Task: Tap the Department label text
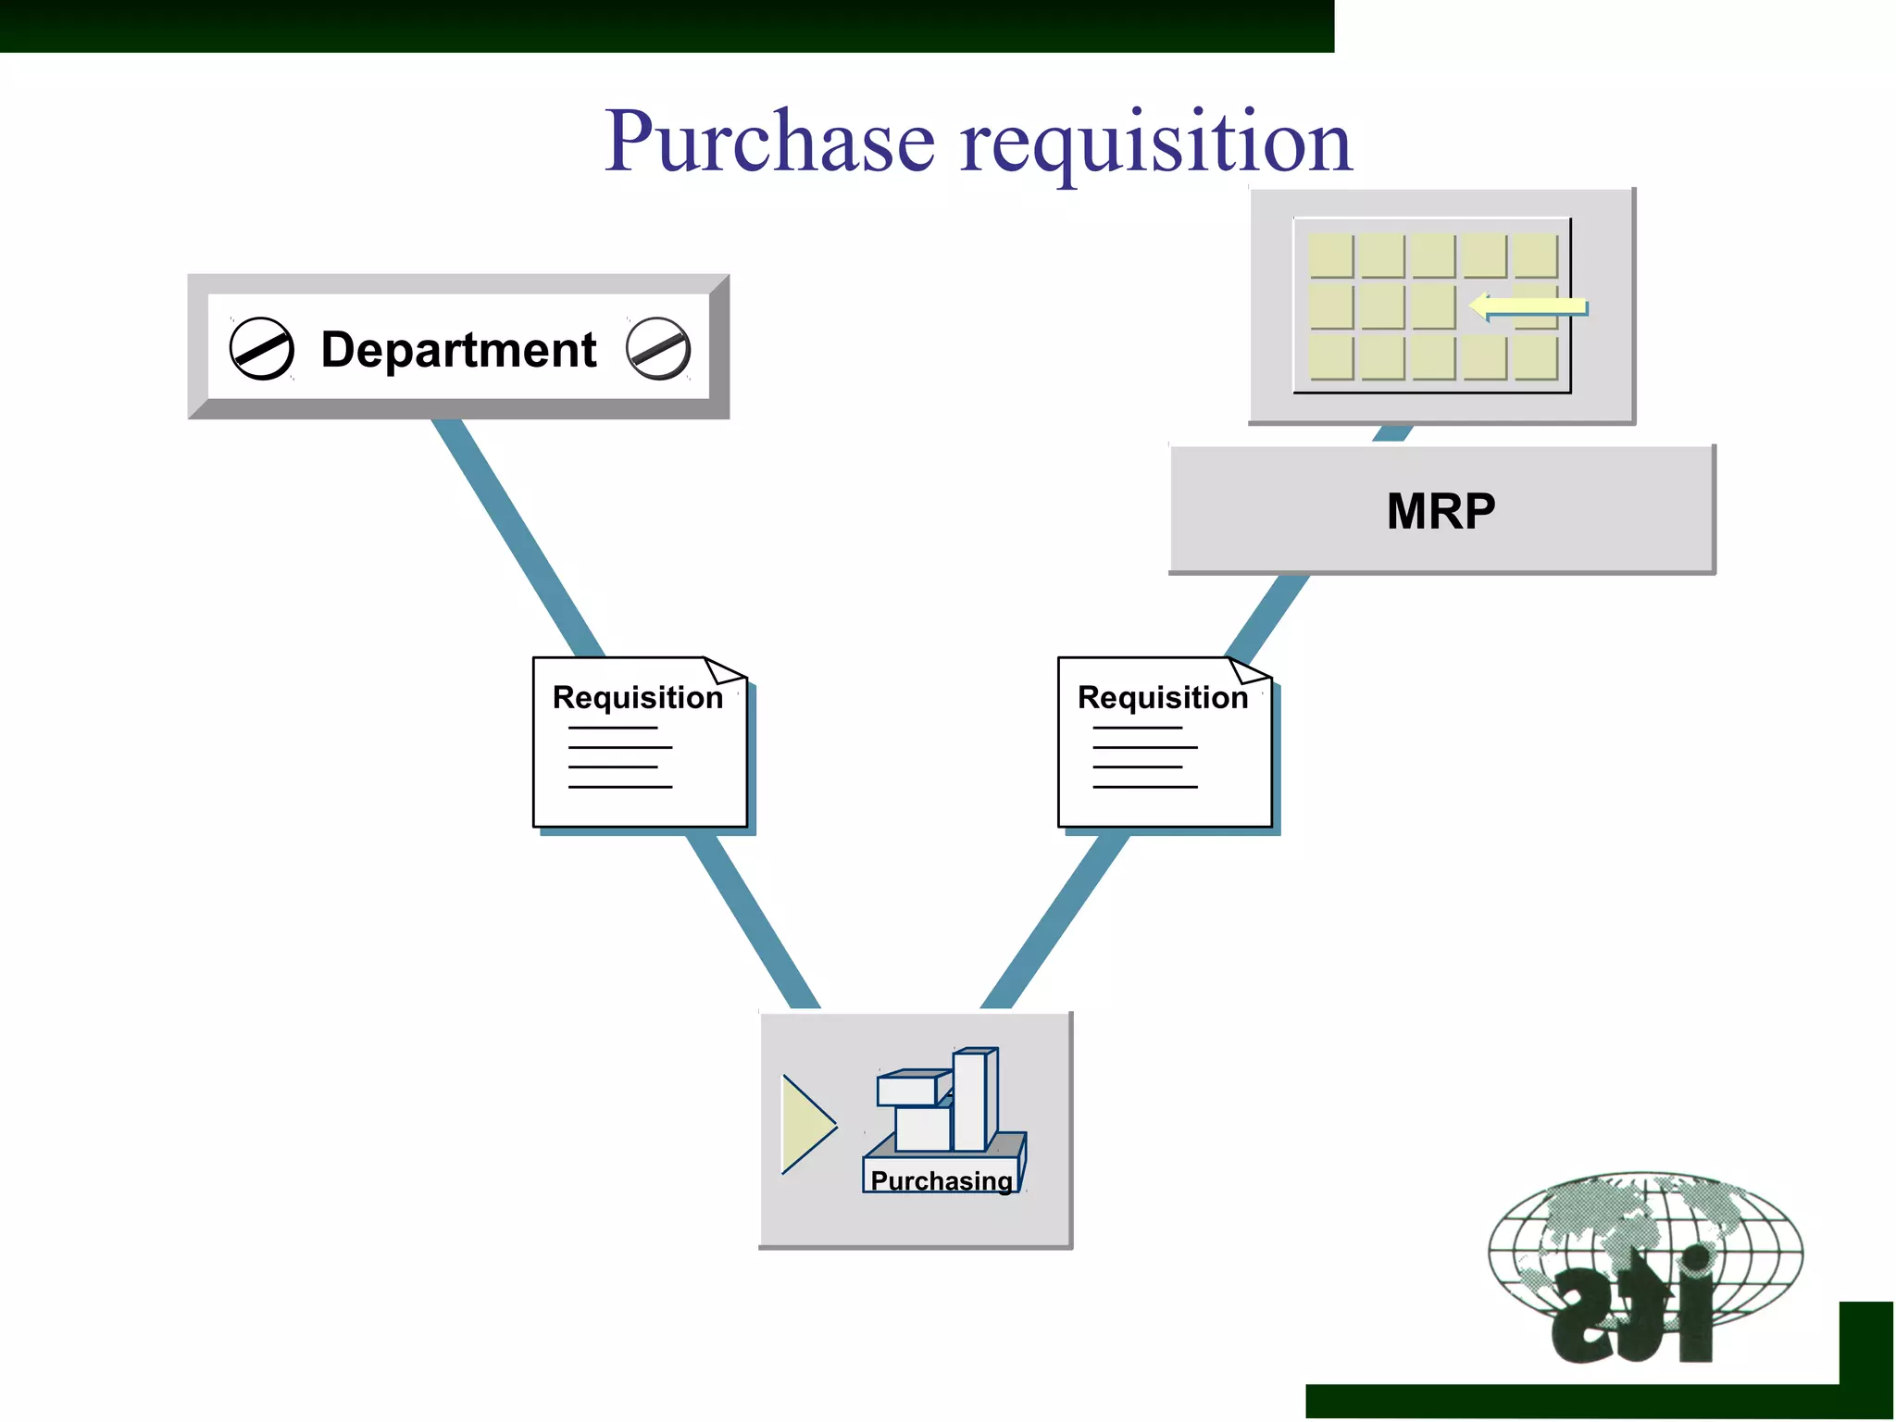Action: click(x=458, y=350)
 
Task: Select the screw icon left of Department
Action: click(x=262, y=349)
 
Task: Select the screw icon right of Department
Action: click(x=658, y=349)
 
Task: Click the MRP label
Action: click(x=1441, y=511)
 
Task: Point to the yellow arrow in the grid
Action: click(x=1528, y=306)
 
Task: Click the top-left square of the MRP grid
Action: click(x=1331, y=256)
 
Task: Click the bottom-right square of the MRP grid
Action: click(x=1536, y=357)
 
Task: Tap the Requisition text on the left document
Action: click(x=638, y=697)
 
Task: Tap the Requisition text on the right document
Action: click(x=1163, y=697)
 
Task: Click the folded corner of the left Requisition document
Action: click(x=725, y=669)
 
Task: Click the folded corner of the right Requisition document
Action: click(x=1250, y=669)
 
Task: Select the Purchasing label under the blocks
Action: click(x=942, y=1180)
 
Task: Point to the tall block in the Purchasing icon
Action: click(x=972, y=1100)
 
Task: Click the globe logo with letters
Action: click(x=1643, y=1264)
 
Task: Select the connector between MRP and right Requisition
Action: click(x=1266, y=617)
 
